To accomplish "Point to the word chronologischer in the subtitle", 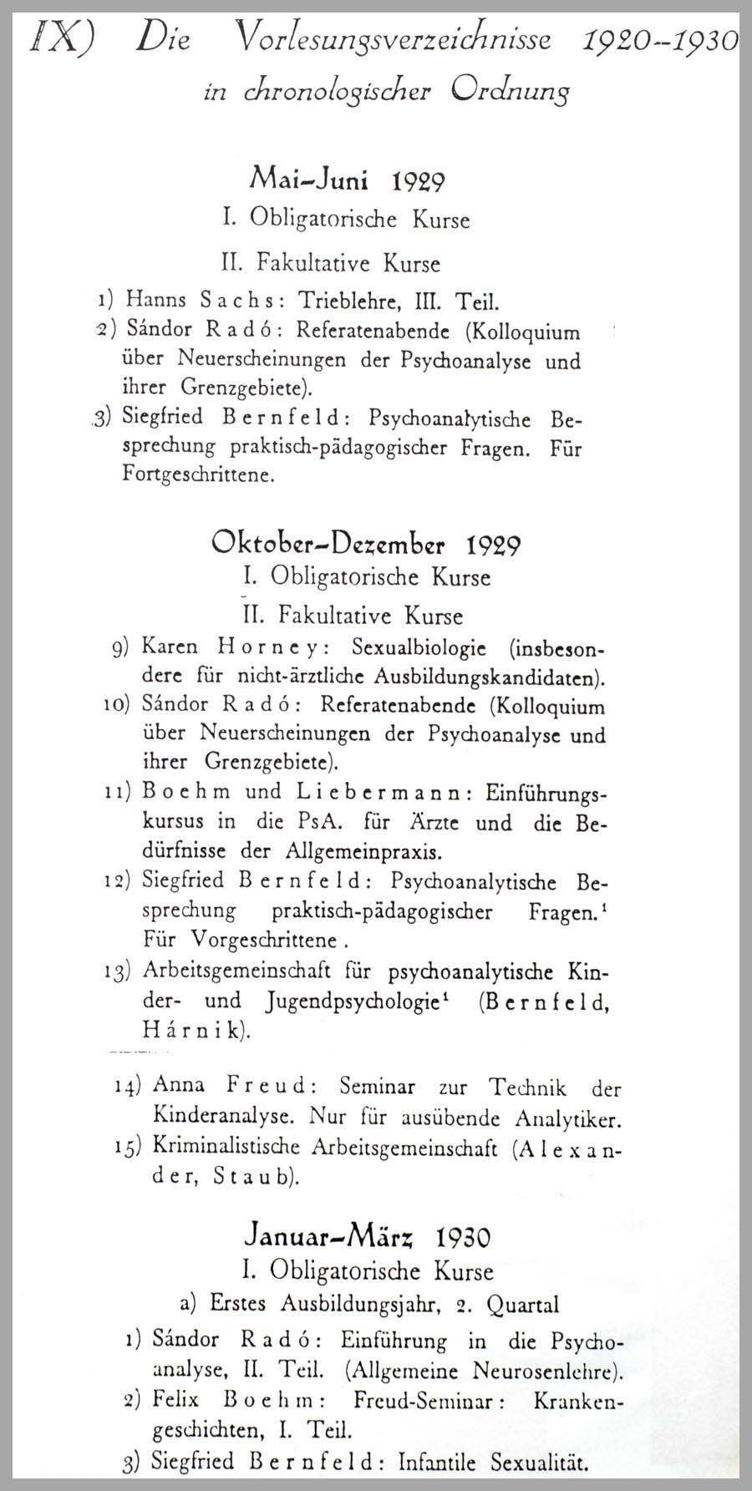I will point(335,91).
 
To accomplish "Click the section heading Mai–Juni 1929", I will point(347,180).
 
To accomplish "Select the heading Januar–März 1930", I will point(367,1235).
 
